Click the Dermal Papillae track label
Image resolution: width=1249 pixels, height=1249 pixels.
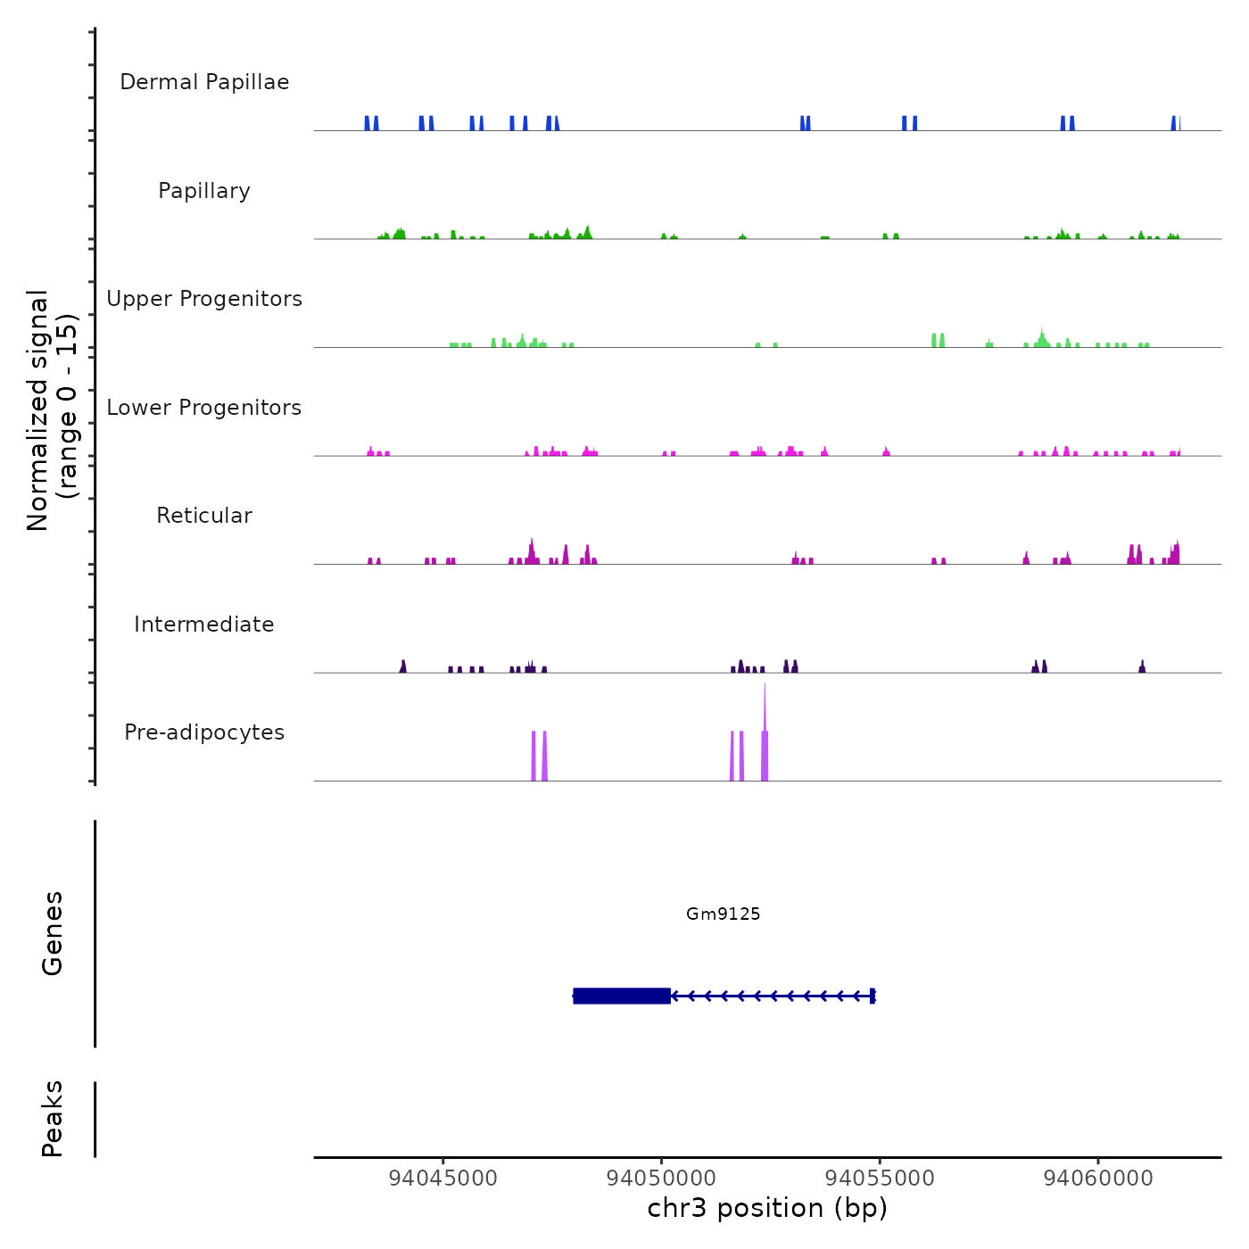(204, 82)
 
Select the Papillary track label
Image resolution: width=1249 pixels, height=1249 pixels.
(204, 191)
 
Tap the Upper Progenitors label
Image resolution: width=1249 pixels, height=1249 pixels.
(204, 299)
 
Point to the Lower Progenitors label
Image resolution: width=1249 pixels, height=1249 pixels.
(204, 408)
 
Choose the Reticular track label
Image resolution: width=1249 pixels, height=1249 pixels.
(204, 516)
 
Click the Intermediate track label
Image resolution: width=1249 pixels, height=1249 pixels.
(204, 624)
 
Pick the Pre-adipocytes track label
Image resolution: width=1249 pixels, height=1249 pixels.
(204, 732)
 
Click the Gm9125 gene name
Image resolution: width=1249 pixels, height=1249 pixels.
(723, 914)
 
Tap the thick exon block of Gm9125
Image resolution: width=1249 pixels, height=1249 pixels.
(622, 996)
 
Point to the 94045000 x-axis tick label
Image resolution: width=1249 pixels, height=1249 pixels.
(443, 1179)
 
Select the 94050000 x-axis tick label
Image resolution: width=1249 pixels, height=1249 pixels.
(661, 1179)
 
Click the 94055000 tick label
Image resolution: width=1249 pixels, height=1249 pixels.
(880, 1179)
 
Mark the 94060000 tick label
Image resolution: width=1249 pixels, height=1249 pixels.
(1097, 1179)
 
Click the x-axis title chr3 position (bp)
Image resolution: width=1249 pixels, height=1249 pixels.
(767, 1208)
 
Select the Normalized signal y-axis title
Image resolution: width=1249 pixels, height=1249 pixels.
(52, 410)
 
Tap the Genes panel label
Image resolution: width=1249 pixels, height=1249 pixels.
(53, 933)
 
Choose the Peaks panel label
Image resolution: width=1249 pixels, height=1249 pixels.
(53, 1119)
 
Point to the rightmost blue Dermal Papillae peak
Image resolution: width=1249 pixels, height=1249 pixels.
(1175, 124)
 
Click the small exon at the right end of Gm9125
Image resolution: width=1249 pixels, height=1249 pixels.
(873, 996)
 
